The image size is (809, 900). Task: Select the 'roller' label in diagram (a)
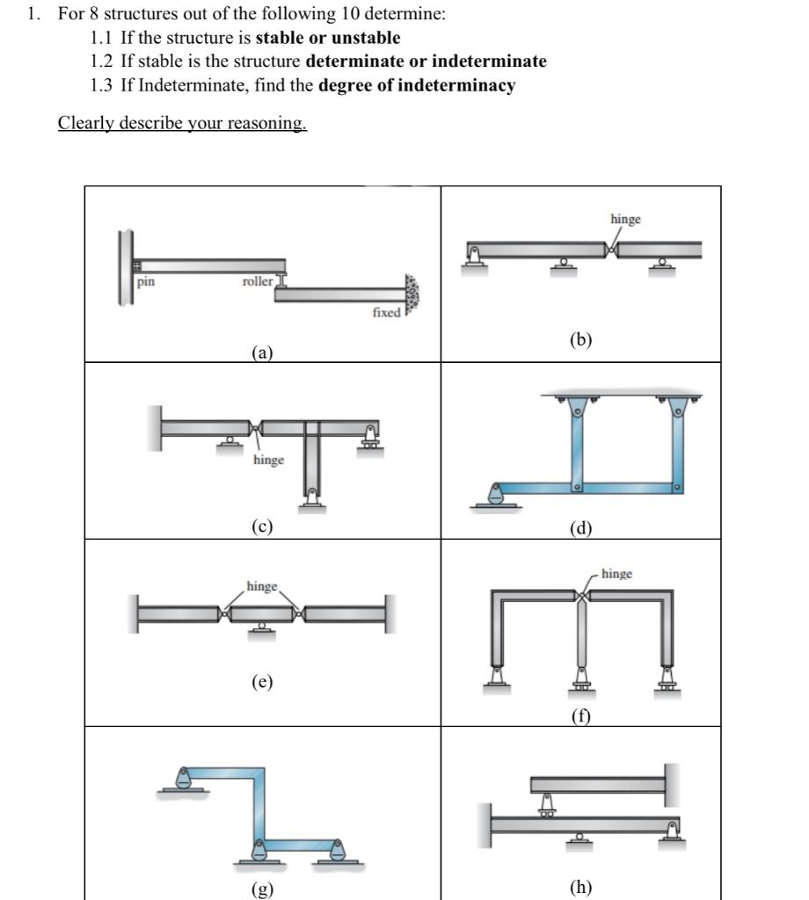pyautogui.click(x=258, y=282)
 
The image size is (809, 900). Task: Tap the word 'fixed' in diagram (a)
pyautogui.click(x=386, y=312)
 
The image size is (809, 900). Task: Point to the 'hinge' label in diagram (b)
pyautogui.click(x=625, y=218)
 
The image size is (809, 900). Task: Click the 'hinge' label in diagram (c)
pyautogui.click(x=268, y=460)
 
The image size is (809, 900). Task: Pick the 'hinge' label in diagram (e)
pyautogui.click(x=262, y=585)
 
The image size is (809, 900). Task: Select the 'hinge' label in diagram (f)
pyautogui.click(x=616, y=574)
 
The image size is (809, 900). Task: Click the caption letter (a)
pyautogui.click(x=262, y=353)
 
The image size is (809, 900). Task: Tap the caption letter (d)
pyautogui.click(x=580, y=528)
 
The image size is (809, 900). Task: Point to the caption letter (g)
pyautogui.click(x=262, y=889)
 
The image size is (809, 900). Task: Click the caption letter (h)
pyautogui.click(x=580, y=886)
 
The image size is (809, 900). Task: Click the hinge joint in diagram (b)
pyautogui.click(x=611, y=250)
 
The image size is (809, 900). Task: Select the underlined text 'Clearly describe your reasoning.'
pyautogui.click(x=182, y=122)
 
